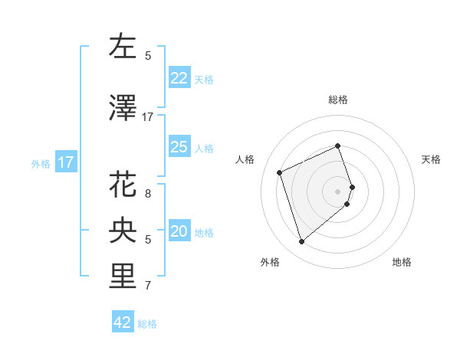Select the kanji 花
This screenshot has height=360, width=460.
[x=123, y=185]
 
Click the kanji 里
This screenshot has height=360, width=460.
[x=123, y=277]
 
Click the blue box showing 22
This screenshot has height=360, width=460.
[x=179, y=78]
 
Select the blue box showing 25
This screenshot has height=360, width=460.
[x=179, y=148]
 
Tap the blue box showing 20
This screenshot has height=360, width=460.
[x=179, y=232]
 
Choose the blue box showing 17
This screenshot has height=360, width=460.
[x=65, y=162]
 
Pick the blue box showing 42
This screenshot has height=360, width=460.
[x=123, y=322]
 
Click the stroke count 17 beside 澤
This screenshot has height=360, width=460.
[x=148, y=116]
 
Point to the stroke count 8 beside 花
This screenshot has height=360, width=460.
[x=148, y=193]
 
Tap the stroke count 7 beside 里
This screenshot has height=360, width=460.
[x=148, y=286]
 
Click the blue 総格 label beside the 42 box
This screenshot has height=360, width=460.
[x=147, y=324]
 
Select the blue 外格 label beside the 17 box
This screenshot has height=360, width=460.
[x=40, y=163]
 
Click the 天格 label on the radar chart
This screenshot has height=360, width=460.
[x=431, y=159]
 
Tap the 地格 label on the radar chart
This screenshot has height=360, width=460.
[x=402, y=262]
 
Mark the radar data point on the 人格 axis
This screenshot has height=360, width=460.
[x=281, y=172]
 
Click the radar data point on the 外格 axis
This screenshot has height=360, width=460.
[x=301, y=242]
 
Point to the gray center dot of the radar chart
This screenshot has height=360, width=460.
[x=338, y=191]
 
